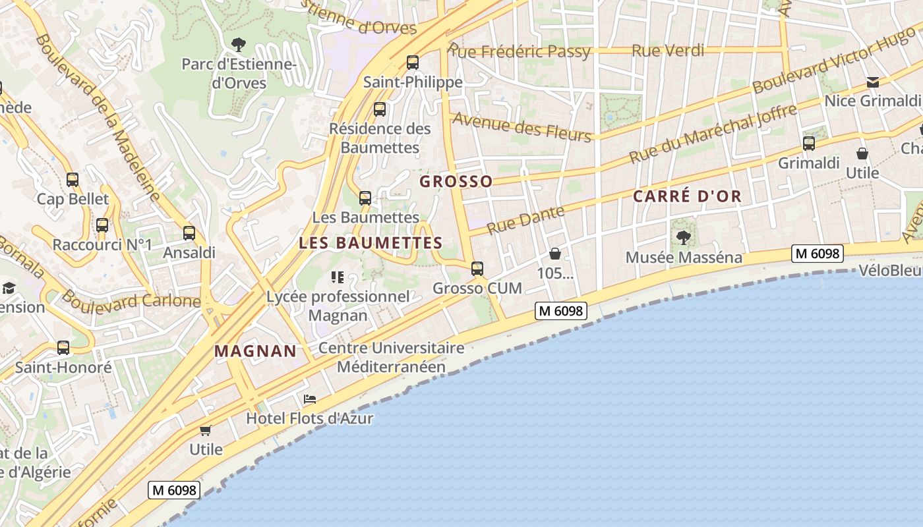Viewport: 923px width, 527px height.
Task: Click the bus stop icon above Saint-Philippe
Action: pyautogui.click(x=413, y=63)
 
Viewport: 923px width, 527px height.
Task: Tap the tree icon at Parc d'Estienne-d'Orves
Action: pyautogui.click(x=239, y=45)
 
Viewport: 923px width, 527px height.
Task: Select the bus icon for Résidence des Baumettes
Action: pyautogui.click(x=380, y=109)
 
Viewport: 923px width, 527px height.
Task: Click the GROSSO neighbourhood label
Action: pyautogui.click(x=456, y=181)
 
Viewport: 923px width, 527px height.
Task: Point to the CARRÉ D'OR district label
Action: pyautogui.click(x=687, y=196)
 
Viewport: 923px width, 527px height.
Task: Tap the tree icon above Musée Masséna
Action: pyautogui.click(x=684, y=237)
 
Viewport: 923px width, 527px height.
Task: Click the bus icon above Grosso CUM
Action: pyautogui.click(x=477, y=269)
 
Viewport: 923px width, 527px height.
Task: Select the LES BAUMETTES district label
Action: pyautogui.click(x=371, y=242)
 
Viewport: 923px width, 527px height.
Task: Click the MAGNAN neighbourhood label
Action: pyautogui.click(x=256, y=351)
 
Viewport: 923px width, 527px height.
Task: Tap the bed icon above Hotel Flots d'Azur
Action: pyautogui.click(x=310, y=399)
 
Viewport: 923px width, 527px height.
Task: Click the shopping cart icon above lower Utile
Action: pyautogui.click(x=206, y=430)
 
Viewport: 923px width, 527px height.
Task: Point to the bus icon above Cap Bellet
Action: pyautogui.click(x=73, y=179)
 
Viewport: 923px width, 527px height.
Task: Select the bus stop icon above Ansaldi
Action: pyautogui.click(x=189, y=233)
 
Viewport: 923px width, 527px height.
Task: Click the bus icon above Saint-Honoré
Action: pyautogui.click(x=63, y=347)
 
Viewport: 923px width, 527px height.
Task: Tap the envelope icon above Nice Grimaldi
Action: pyautogui.click(x=873, y=82)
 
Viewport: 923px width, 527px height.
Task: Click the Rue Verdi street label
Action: pyautogui.click(x=668, y=50)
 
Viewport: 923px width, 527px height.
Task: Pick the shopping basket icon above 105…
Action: pyautogui.click(x=555, y=254)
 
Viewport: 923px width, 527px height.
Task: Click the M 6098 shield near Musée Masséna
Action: pyautogui.click(x=818, y=254)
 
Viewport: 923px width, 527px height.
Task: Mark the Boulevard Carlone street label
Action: pyautogui.click(x=132, y=300)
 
